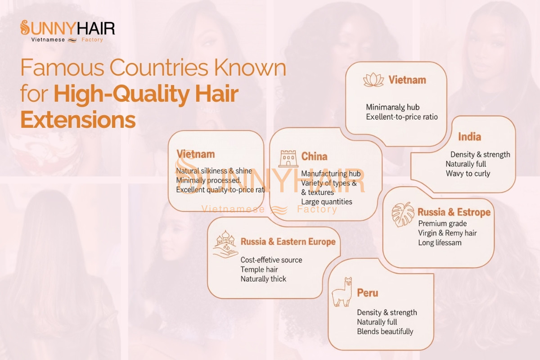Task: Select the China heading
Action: (314, 157)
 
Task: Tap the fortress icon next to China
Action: (288, 159)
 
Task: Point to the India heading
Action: (469, 137)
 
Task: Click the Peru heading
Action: (367, 293)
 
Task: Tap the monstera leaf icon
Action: (403, 214)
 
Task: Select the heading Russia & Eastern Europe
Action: (288, 242)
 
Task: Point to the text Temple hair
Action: (259, 270)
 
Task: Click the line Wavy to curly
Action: (468, 173)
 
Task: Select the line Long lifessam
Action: (440, 243)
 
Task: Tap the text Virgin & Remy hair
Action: (447, 233)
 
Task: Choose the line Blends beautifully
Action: (385, 332)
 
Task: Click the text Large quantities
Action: (326, 202)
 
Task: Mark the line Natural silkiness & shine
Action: (214, 171)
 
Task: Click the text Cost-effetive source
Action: (271, 260)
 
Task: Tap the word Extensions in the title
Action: (78, 121)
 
